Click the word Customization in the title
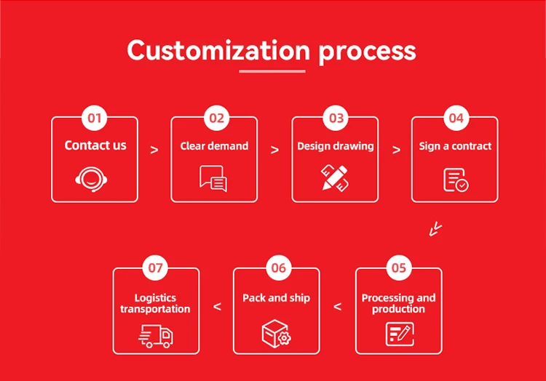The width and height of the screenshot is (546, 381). click(218, 50)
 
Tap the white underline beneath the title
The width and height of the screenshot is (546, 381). click(272, 71)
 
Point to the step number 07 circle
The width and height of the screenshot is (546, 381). click(156, 268)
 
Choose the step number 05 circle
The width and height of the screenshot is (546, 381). click(398, 268)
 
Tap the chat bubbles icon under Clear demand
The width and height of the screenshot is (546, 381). click(213, 178)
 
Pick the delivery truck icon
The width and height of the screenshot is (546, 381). click(156, 334)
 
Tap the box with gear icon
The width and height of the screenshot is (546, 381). click(276, 333)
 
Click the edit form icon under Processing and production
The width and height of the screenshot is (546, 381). click(399, 334)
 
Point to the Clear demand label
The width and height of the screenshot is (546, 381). click(214, 146)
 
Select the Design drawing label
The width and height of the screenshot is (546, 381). click(335, 146)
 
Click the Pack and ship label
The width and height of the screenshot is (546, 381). click(276, 298)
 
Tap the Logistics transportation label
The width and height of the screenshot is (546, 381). click(155, 303)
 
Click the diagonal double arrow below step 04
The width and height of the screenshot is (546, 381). click(435, 229)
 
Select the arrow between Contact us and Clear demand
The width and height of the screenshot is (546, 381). click(154, 151)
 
